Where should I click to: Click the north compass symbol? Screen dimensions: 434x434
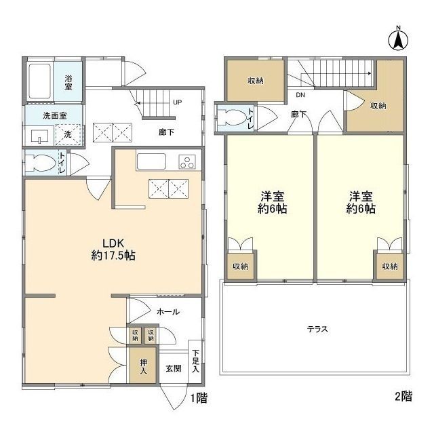point(398,40)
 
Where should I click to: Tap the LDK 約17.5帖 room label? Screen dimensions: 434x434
point(113,250)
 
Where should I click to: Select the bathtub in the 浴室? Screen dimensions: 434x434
point(39,81)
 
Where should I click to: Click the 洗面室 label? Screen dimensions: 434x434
point(55,116)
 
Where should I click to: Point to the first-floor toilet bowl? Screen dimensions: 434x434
point(39,163)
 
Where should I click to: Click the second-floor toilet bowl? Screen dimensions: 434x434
point(231,117)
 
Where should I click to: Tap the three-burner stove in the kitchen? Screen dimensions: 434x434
point(187,161)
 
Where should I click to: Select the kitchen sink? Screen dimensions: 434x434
point(151,161)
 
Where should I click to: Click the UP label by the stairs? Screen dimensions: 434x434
point(178,102)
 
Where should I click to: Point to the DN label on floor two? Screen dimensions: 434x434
point(300,95)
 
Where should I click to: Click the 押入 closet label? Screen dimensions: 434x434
point(143,366)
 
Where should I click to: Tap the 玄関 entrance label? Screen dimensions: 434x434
point(174,368)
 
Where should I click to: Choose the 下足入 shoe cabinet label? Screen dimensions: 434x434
point(196,361)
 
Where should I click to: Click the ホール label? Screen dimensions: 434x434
point(168,312)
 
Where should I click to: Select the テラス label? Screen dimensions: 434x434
point(317,329)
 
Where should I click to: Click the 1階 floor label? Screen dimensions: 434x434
point(199,398)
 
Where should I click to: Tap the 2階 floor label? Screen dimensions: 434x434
point(403,396)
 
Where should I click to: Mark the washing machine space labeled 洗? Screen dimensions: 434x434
point(68,134)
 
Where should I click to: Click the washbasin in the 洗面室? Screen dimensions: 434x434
point(39,136)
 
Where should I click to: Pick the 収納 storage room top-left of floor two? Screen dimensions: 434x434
point(256,81)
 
